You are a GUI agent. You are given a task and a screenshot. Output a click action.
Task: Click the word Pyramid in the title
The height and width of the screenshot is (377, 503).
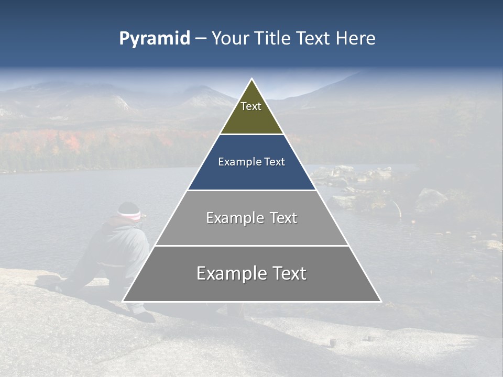(154, 39)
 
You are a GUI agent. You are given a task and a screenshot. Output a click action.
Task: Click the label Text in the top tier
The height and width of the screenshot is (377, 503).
(251, 106)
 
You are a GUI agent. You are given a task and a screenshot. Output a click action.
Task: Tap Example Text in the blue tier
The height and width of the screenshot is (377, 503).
(251, 162)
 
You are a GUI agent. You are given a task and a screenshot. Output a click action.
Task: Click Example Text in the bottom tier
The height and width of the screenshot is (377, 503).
(251, 273)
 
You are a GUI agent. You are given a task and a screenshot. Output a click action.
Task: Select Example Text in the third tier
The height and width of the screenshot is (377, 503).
(251, 218)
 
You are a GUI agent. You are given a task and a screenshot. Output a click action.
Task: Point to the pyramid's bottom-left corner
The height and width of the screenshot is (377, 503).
(123, 301)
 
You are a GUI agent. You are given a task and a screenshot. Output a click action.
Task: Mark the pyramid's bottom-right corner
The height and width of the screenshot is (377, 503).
(380, 301)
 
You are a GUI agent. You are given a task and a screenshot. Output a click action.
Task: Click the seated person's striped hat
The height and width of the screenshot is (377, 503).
(129, 212)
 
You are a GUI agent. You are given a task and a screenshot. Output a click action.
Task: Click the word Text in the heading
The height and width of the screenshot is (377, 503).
(314, 39)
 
